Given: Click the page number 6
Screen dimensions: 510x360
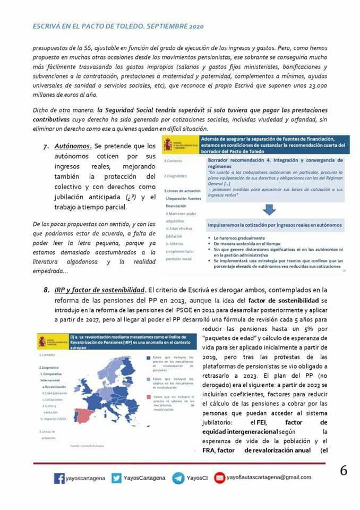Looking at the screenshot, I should tap(344, 471).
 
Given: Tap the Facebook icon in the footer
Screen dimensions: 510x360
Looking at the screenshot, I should tap(59, 478).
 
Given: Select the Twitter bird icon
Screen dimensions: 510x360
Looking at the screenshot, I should tap(116, 478).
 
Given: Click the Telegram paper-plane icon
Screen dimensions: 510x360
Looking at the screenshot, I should tap(178, 478).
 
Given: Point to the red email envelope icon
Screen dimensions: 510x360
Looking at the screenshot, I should tap(219, 478).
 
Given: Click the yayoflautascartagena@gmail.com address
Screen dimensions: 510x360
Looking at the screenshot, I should tap(269, 478).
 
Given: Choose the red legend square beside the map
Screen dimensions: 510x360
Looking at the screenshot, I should tap(149, 397).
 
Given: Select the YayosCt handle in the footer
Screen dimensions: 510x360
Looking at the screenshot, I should tap(197, 478).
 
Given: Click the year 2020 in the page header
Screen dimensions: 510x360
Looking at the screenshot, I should tap(194, 26).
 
